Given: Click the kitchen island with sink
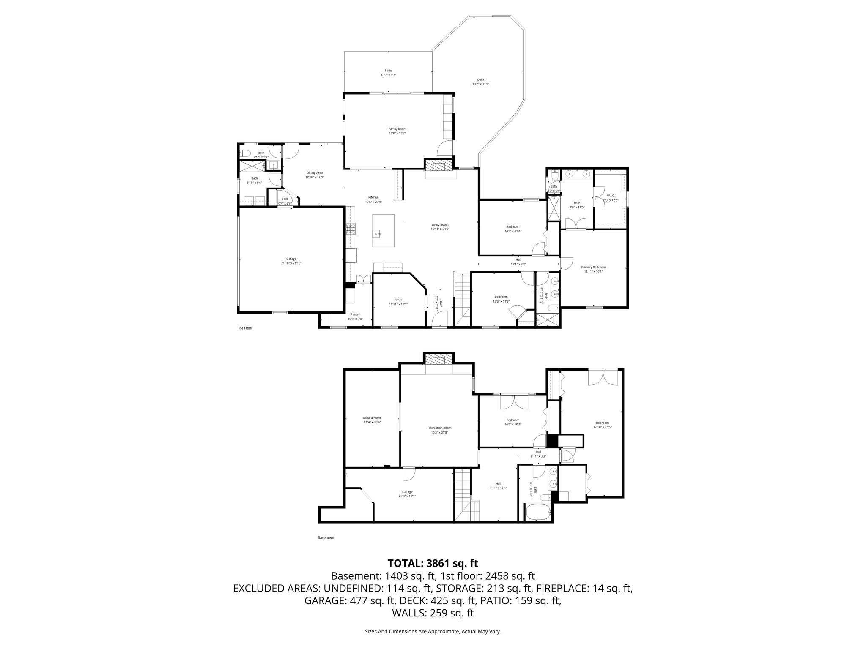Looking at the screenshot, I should tap(384, 231).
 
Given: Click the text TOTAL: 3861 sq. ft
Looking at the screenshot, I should tap(433, 563).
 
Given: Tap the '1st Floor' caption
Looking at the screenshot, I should tap(245, 328).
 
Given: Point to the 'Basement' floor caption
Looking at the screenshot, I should tap(326, 538).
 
